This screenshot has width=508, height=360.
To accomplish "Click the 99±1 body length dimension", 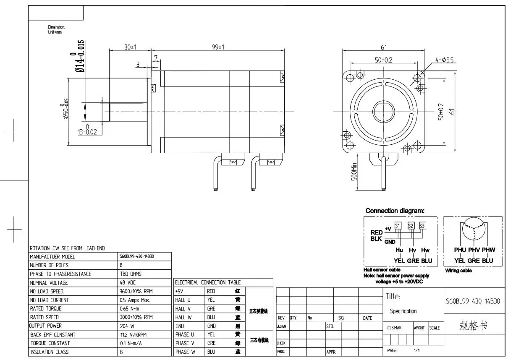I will point(217,47).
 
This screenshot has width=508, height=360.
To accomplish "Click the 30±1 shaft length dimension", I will point(130,47).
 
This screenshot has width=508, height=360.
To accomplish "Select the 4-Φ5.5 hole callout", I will point(445,60).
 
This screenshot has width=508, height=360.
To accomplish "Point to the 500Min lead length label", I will point(354,172).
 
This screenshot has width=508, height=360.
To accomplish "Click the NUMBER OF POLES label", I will point(49,265).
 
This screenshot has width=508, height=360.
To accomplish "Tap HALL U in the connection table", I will point(183,300).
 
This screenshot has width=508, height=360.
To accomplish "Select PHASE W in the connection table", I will point(185,352).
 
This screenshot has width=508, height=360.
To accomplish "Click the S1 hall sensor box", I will point(398,226).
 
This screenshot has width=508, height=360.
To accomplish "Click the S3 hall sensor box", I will point(422,226).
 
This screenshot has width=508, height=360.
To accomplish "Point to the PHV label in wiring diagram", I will point(474,250).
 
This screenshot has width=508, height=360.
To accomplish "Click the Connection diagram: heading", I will point(395,211).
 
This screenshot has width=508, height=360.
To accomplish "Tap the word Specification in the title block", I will point(403,311).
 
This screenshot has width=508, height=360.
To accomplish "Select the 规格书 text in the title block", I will point(473,326).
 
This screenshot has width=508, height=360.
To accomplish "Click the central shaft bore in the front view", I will point(384,112).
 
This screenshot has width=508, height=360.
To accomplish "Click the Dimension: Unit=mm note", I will point(56,29).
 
